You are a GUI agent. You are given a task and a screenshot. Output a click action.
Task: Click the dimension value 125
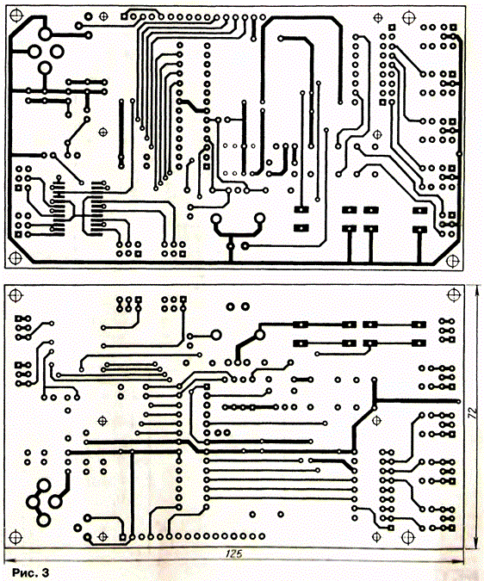233,553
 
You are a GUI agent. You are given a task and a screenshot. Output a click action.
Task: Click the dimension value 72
472,413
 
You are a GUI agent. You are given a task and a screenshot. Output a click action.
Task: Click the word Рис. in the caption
24,572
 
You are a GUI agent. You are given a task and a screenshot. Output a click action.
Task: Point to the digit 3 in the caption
45,572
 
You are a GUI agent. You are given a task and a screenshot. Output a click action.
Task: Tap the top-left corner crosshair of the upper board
16,15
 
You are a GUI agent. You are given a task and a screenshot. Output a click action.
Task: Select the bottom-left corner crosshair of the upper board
16,258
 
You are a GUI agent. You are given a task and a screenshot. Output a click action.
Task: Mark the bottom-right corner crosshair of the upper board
452,261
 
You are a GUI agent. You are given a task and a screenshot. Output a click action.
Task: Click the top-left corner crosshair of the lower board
16,295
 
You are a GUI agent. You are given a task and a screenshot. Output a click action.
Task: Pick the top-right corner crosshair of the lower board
453,295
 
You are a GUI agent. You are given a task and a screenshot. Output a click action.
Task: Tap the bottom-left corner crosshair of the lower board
16,537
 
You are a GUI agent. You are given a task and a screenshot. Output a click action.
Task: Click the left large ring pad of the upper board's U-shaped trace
215,219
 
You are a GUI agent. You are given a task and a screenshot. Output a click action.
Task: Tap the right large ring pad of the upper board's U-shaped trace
260,218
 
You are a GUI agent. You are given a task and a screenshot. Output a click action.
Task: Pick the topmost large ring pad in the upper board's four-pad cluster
45,34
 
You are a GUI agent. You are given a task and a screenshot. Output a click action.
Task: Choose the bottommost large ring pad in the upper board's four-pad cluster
45,68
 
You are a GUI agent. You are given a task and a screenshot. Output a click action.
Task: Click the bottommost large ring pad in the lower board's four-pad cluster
44,520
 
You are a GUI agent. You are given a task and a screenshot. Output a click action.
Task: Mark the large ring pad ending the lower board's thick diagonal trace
260,336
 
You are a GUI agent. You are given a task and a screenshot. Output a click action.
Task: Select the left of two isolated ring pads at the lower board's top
231,306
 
